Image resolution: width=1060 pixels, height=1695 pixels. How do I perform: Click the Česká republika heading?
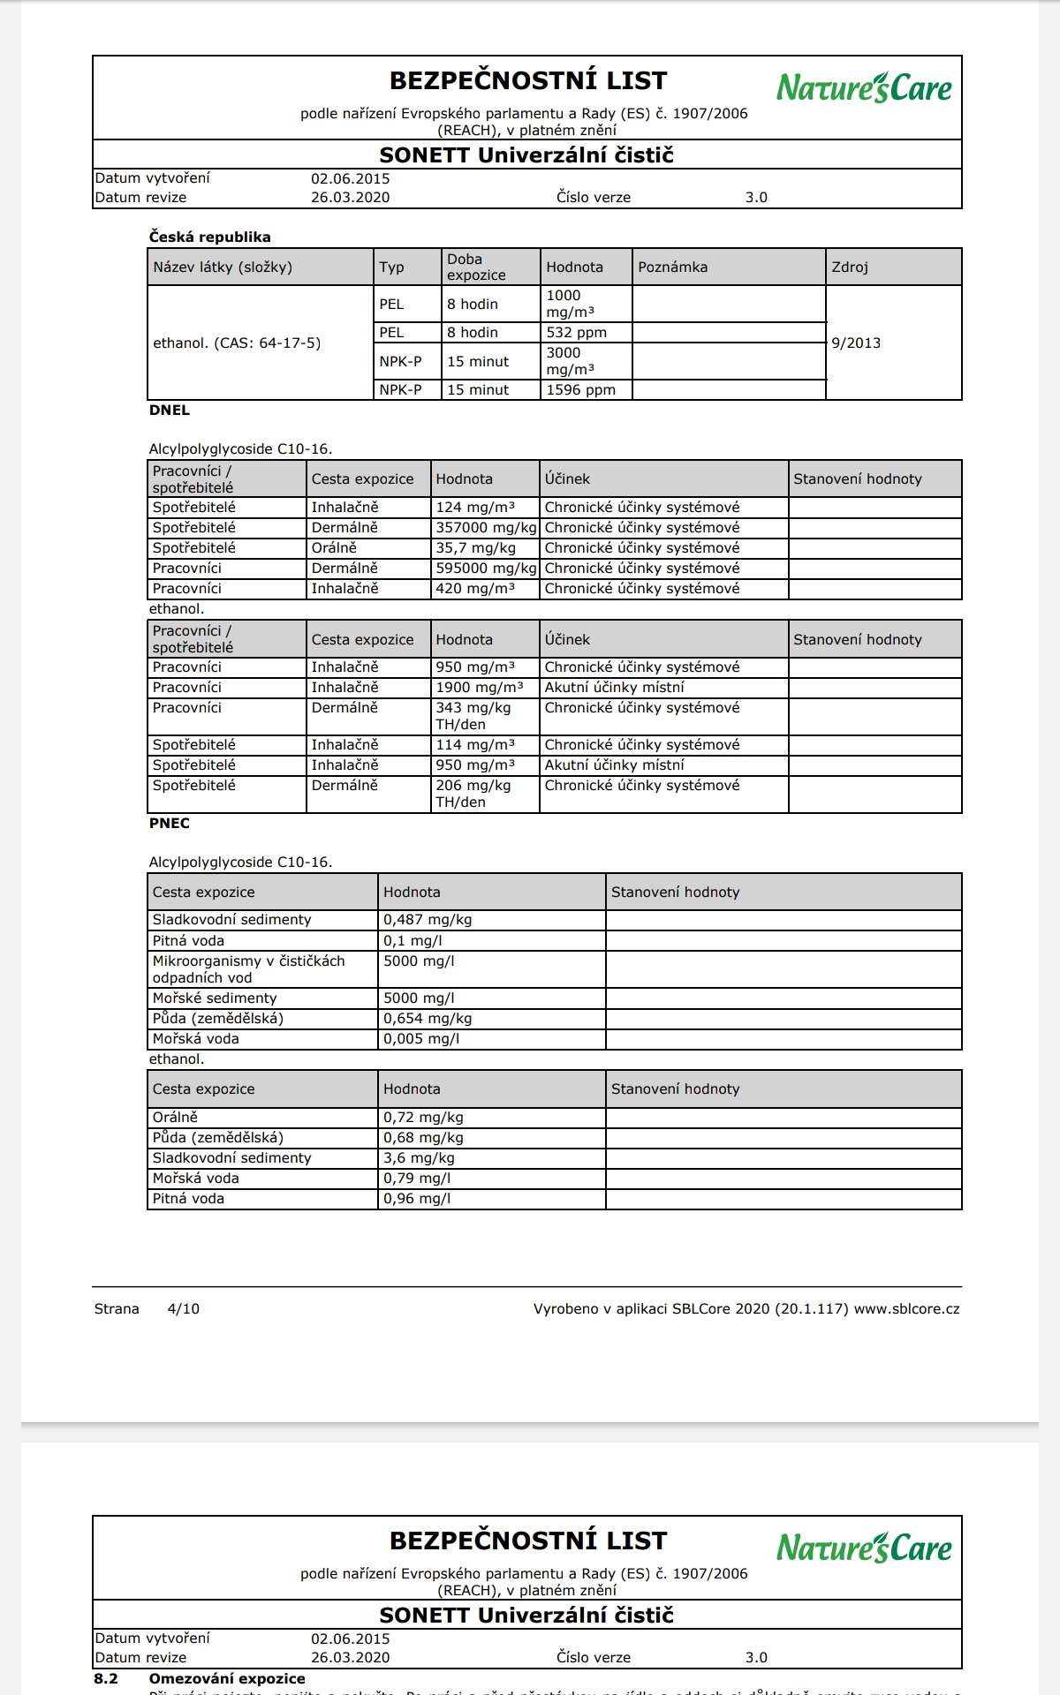click(x=209, y=237)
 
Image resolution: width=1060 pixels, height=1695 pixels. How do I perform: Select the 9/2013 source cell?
click(x=855, y=343)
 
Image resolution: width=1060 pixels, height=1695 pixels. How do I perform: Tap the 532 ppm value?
click(x=576, y=333)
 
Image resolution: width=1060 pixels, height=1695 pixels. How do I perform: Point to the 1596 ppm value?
click(x=580, y=389)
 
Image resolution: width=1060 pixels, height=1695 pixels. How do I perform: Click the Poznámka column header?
click(x=672, y=267)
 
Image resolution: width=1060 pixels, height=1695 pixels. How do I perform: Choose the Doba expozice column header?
click(x=476, y=267)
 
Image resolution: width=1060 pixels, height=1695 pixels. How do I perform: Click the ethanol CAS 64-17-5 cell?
click(x=237, y=343)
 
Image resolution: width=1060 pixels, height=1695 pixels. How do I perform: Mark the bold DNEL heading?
click(x=169, y=410)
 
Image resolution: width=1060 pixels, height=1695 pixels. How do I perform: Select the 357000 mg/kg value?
click(x=486, y=527)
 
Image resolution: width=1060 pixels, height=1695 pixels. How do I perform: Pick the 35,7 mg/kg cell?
click(x=475, y=547)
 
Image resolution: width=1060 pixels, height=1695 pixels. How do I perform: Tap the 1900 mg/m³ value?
click(x=479, y=687)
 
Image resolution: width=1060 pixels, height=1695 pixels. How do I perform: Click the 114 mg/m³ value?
click(x=474, y=744)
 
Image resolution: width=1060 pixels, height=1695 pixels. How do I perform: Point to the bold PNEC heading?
click(x=169, y=823)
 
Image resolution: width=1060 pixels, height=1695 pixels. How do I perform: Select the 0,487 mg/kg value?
click(x=428, y=919)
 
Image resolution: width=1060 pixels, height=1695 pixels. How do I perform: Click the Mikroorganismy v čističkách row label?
click(x=248, y=968)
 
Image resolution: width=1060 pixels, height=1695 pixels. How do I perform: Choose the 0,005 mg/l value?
click(x=421, y=1038)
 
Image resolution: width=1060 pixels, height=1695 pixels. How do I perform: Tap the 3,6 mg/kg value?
click(x=419, y=1157)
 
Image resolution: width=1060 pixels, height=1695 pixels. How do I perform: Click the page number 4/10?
click(x=183, y=1308)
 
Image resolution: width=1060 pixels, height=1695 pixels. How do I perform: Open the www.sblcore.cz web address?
click(x=906, y=1308)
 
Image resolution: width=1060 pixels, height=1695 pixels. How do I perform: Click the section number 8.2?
click(x=106, y=1678)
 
